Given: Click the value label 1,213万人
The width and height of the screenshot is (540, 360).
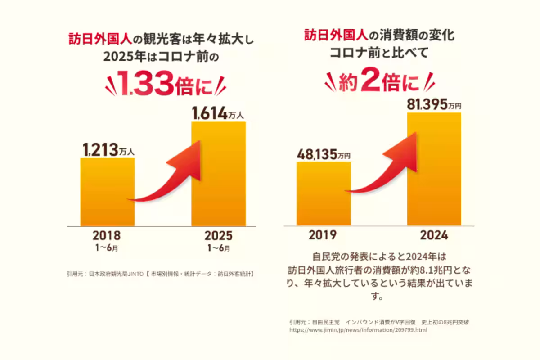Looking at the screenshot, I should pos(108,149).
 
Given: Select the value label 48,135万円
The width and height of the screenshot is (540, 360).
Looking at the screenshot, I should pos(323,154).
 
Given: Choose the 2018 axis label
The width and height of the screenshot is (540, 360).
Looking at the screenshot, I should pos(107,235).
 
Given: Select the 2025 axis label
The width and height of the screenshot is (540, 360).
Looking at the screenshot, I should pos(218,235).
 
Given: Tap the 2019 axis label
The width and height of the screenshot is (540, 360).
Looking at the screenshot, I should pos(323,235).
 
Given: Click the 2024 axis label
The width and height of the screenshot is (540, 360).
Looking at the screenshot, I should pos(434,235).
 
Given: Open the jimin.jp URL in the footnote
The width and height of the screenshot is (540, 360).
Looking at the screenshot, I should pos(358,330).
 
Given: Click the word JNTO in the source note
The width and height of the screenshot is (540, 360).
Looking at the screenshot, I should pos(135,273).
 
